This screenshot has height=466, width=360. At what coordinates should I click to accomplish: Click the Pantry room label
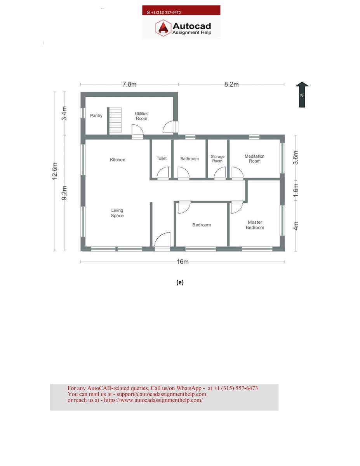[x=96, y=116]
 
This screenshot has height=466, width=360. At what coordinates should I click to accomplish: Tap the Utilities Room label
[x=141, y=116]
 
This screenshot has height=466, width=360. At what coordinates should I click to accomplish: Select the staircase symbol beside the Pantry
[x=115, y=120]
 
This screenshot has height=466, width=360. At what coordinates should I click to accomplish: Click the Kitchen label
[x=118, y=160]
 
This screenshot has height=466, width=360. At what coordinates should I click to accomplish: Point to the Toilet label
[x=162, y=158]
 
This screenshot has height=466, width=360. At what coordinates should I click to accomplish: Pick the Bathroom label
[x=190, y=159]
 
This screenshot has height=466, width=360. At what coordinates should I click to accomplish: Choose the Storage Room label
[x=217, y=159]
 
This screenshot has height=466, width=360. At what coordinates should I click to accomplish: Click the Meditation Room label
[x=254, y=159]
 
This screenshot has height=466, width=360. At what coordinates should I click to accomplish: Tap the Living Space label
[x=117, y=213]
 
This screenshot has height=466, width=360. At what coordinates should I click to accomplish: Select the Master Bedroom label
[x=255, y=225]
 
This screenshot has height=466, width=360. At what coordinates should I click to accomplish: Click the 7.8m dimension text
[x=129, y=85]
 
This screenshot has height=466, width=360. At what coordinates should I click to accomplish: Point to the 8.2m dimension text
[x=231, y=85]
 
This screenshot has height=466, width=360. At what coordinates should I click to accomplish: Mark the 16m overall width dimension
[x=183, y=262]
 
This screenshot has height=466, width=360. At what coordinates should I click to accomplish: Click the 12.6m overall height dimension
[x=55, y=171]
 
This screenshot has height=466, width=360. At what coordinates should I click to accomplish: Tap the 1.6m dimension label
[x=296, y=190]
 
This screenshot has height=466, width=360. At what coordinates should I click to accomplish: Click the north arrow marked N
[x=302, y=95]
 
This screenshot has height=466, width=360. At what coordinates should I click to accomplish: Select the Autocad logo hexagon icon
[x=163, y=28]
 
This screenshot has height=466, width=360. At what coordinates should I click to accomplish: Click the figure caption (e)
[x=180, y=282]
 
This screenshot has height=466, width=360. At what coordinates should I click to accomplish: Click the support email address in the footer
[x=162, y=394]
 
